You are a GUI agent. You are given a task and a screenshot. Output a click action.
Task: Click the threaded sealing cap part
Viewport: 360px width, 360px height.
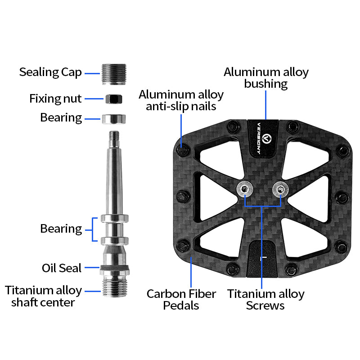(114, 74)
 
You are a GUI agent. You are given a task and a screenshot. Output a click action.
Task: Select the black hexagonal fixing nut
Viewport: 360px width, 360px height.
(114, 99)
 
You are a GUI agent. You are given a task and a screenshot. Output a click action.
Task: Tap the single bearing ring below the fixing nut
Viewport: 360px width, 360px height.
(114, 119)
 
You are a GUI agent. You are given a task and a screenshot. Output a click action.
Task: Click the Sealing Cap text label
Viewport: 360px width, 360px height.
(50, 72)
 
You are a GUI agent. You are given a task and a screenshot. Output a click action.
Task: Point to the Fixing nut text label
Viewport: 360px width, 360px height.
(55, 99)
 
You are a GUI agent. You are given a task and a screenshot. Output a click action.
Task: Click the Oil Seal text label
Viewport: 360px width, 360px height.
(62, 268)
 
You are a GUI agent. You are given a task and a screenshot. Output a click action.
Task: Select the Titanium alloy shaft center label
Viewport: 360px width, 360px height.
(43, 296)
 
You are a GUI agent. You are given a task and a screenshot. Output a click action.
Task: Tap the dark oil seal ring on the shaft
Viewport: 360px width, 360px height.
(115, 267)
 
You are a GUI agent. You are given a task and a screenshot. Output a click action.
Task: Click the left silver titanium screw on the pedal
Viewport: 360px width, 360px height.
(245, 189)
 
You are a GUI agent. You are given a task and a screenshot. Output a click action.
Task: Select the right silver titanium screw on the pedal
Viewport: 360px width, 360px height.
(280, 189)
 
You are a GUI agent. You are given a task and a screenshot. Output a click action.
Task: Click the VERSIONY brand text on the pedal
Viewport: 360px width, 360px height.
(259, 139)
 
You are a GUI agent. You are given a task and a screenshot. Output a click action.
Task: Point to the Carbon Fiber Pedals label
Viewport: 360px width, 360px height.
(181, 300)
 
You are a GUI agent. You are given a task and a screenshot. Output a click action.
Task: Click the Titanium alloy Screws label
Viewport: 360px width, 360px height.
(265, 300)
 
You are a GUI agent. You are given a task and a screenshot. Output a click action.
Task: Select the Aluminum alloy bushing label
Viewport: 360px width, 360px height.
(266, 77)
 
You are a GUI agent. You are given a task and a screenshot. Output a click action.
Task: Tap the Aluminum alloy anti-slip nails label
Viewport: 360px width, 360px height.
(181, 100)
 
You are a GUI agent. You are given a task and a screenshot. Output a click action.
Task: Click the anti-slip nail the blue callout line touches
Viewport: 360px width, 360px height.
(182, 150)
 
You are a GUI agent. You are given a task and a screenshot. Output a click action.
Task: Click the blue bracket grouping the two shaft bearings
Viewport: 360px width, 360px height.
(93, 229)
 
